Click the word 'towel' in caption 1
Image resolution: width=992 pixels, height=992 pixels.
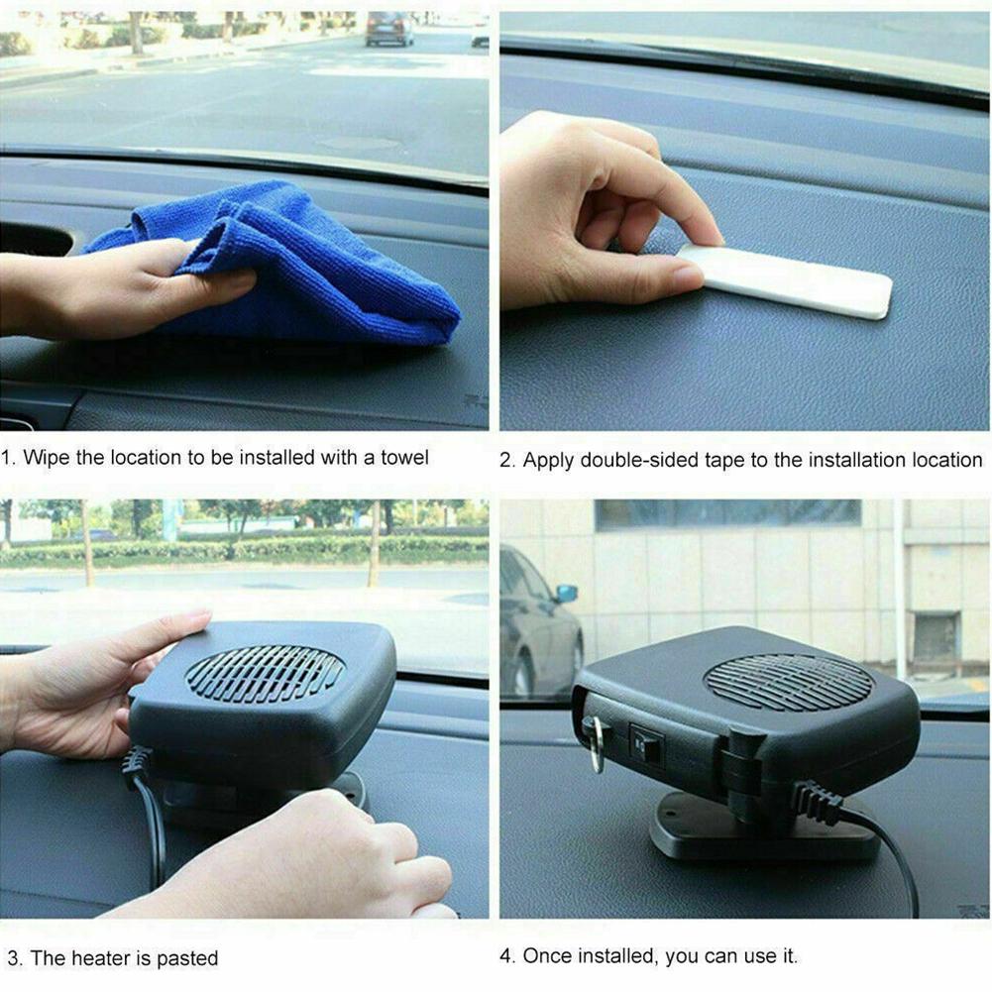click(405, 458)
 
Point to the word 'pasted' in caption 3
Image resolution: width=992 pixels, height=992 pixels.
click(186, 958)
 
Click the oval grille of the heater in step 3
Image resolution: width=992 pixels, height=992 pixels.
click(265, 674)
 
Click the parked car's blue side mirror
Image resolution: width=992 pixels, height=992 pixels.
click(566, 593)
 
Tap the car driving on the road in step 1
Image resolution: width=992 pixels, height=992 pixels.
click(389, 29)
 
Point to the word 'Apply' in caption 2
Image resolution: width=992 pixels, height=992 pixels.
click(549, 460)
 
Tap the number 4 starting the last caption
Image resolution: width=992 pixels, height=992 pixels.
click(506, 956)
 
